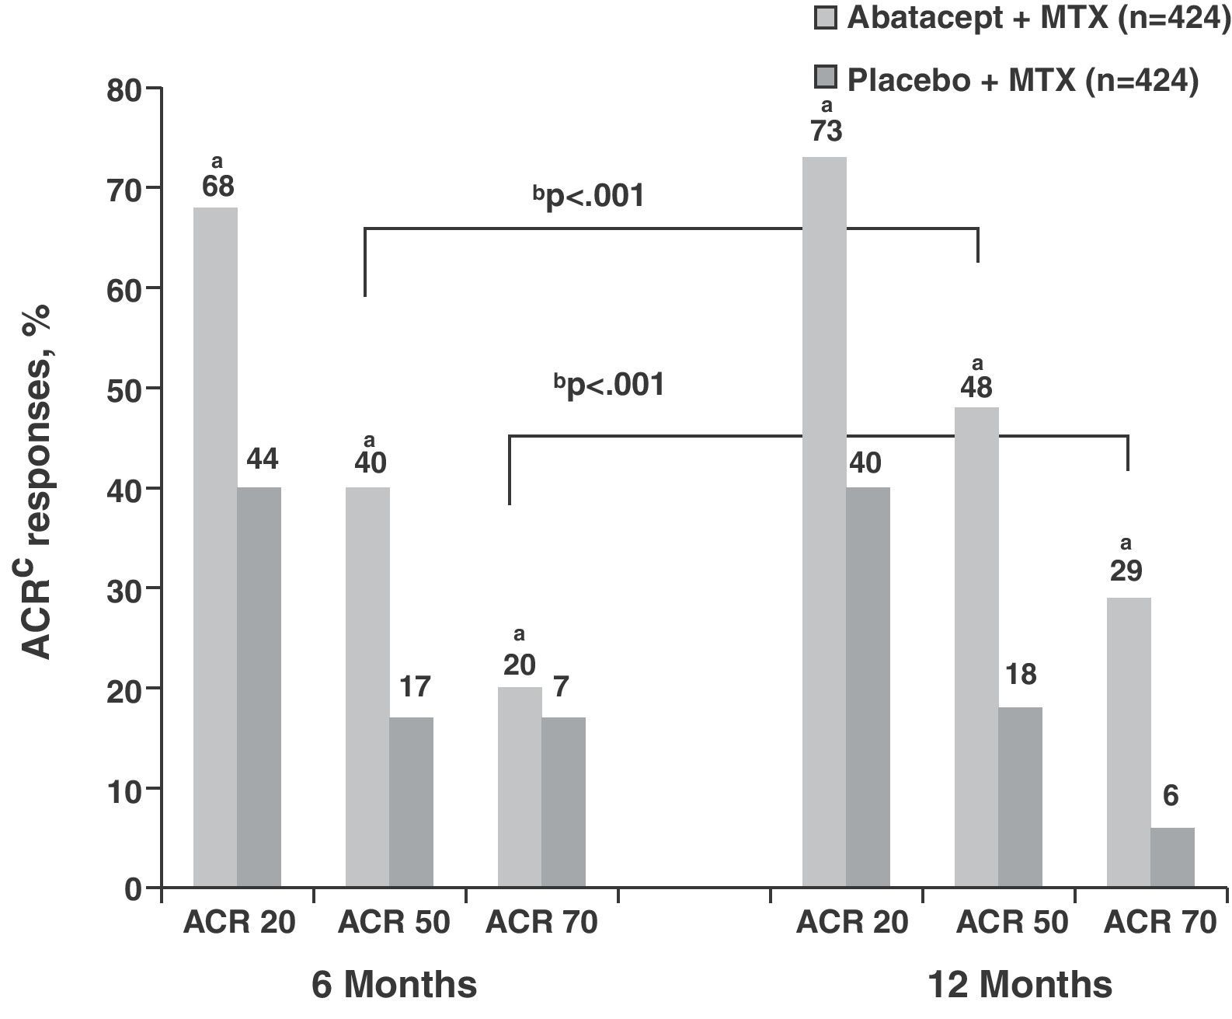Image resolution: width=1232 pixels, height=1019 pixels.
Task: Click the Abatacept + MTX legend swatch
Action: point(826,18)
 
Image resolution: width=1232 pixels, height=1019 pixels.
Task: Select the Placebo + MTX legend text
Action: point(1022,80)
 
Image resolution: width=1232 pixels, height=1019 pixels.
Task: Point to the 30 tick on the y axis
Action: point(123,588)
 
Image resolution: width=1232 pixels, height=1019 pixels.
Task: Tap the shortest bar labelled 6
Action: point(1172,857)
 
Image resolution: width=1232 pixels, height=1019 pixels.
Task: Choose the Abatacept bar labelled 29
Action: point(1129,742)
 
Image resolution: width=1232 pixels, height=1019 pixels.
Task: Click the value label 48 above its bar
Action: point(976,388)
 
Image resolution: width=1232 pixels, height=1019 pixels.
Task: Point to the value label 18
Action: point(1020,675)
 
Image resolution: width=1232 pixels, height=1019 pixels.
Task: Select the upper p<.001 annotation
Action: point(589,197)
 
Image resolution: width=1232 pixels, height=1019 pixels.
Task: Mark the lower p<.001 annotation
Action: point(609,386)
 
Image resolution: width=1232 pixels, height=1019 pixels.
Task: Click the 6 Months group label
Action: point(395,985)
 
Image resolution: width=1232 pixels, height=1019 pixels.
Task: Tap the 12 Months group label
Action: point(1020,985)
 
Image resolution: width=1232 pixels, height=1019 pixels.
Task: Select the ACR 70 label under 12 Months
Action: point(1160,923)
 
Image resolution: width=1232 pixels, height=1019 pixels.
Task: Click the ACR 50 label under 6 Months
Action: point(395,923)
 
